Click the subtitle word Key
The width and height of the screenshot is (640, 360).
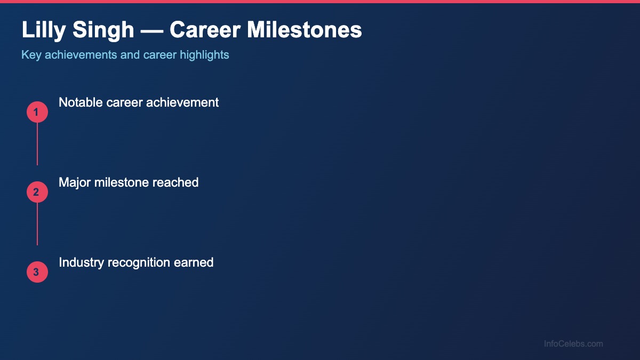(x=31, y=55)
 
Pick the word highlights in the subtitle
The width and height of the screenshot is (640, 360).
(x=204, y=55)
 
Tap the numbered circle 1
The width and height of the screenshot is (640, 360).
(x=37, y=112)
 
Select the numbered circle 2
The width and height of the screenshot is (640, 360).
(x=37, y=192)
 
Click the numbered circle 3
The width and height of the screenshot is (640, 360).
(x=37, y=272)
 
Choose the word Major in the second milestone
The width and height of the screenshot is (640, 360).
(x=75, y=182)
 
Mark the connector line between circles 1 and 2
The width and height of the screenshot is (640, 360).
(x=37, y=144)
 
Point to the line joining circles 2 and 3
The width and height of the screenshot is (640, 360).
(x=37, y=224)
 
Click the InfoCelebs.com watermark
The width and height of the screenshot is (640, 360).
(x=573, y=344)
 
